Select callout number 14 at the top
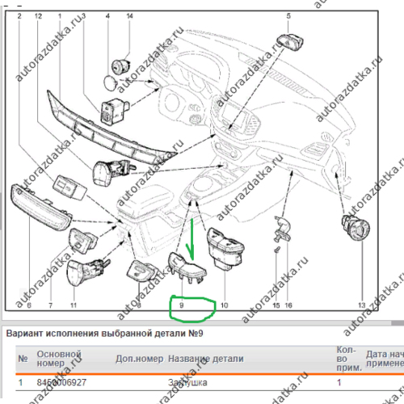click(x=128, y=15)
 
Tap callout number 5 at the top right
click(x=288, y=15)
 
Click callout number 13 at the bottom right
click(x=360, y=305)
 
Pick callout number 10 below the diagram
click(x=223, y=305)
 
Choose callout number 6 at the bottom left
click(x=27, y=305)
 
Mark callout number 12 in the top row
click(x=39, y=15)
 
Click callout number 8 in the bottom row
click(x=138, y=305)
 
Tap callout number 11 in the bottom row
click(x=73, y=305)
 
